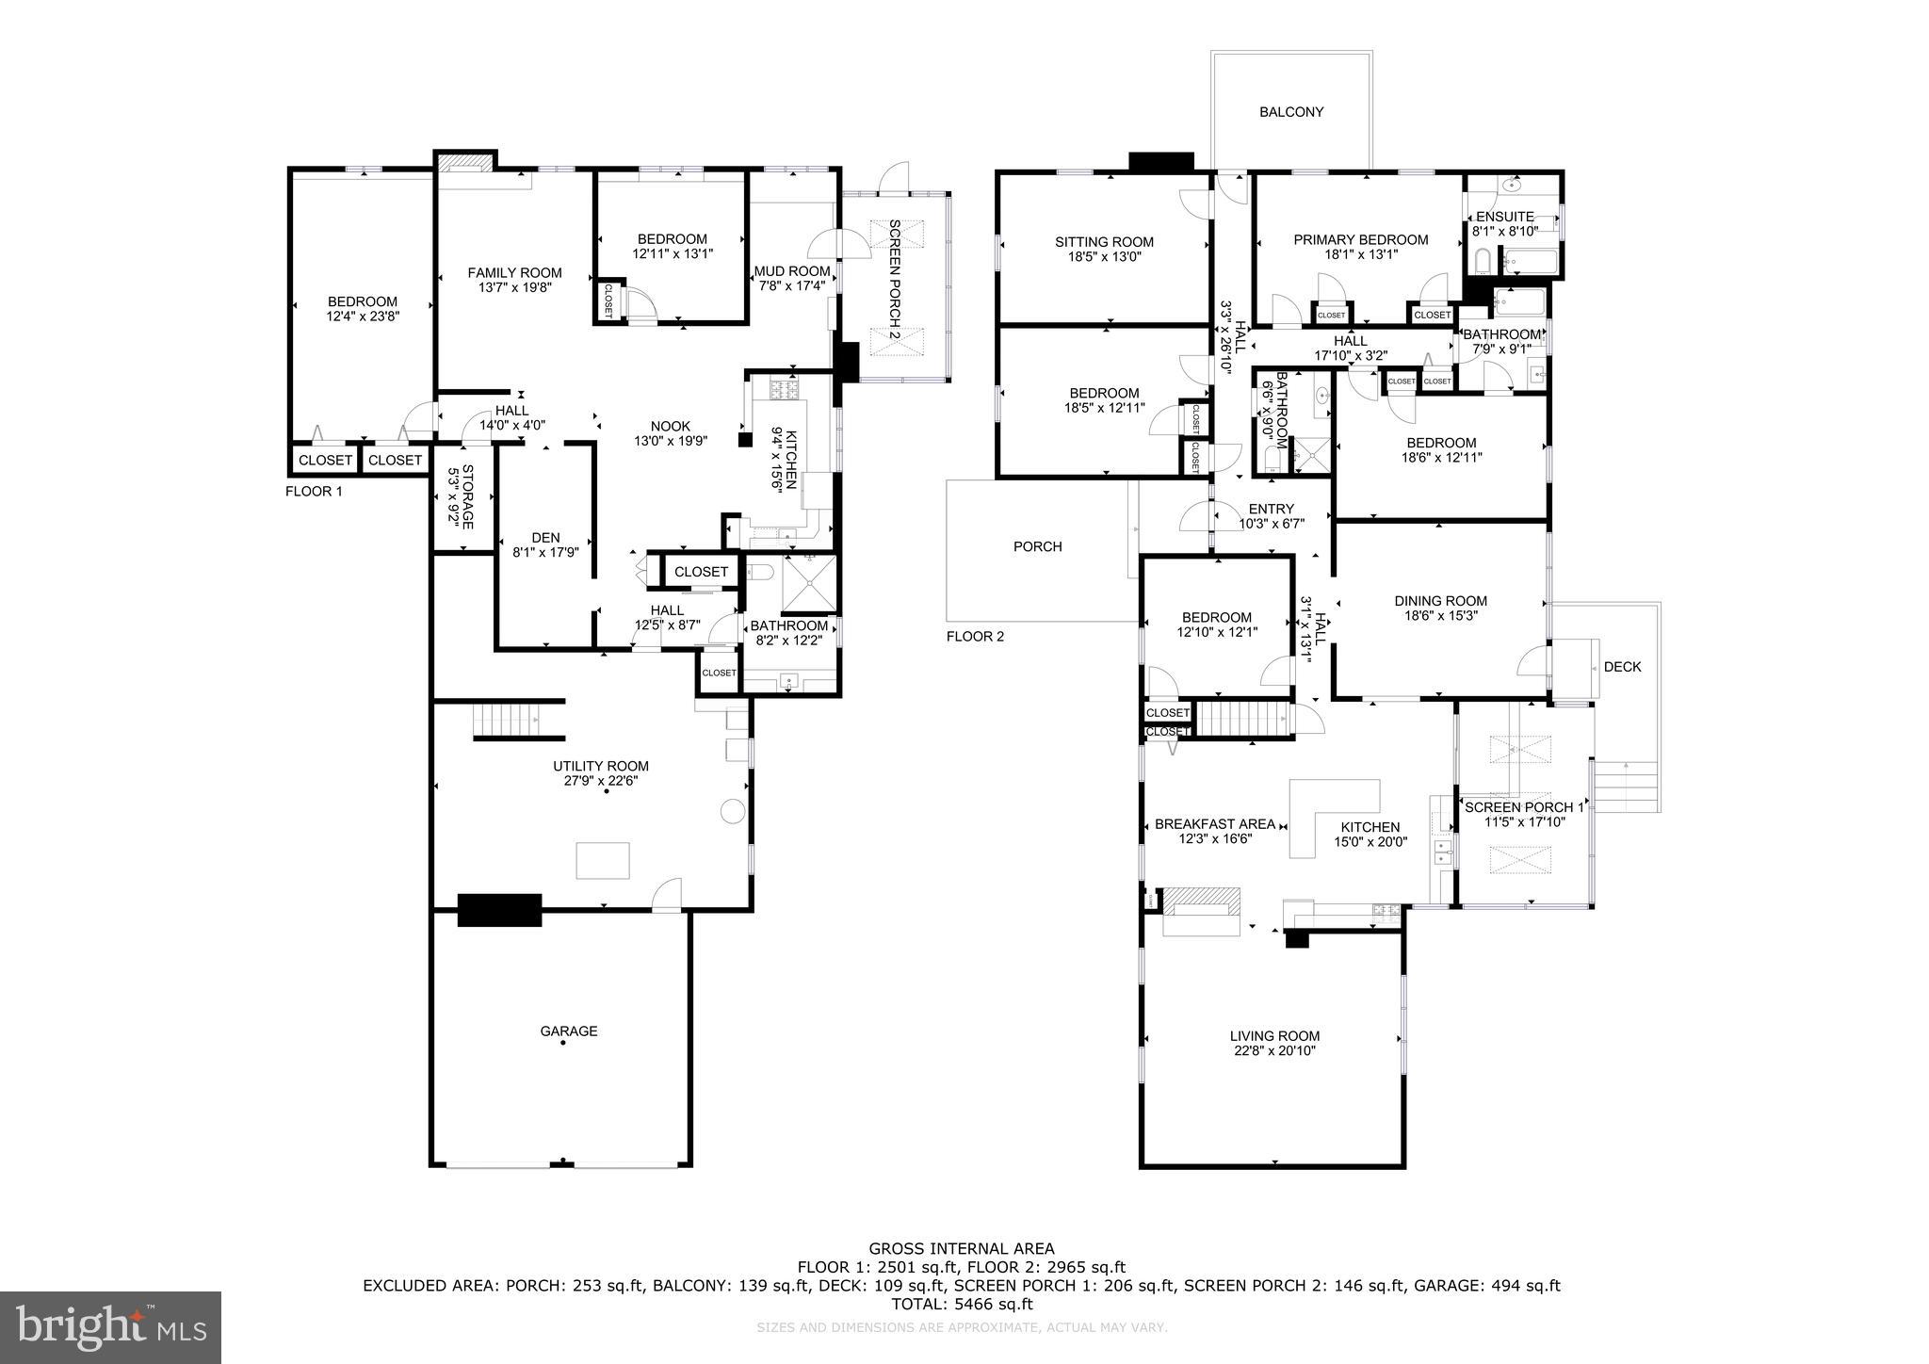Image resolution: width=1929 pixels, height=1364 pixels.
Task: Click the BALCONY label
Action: (x=1291, y=112)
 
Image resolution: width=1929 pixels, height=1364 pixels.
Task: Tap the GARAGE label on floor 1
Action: (x=568, y=1031)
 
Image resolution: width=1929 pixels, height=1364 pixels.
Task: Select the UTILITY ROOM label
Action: (x=601, y=766)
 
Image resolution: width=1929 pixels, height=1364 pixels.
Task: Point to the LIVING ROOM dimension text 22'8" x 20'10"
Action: (x=1274, y=1050)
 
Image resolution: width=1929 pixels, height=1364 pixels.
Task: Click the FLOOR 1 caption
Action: (x=314, y=492)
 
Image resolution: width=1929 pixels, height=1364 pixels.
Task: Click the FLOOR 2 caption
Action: (x=975, y=637)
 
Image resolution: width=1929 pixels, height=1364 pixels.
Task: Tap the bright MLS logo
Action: (x=110, y=1327)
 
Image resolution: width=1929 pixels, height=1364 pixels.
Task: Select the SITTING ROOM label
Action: (x=1104, y=242)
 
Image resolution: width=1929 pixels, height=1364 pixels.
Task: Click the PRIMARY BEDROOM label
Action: (x=1360, y=240)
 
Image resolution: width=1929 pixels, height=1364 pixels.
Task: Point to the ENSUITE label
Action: (x=1504, y=217)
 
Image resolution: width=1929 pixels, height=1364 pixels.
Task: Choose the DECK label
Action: (x=1622, y=667)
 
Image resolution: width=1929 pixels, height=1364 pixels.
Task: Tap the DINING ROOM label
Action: (x=1440, y=601)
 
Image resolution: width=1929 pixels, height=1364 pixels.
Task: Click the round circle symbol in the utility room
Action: (x=733, y=812)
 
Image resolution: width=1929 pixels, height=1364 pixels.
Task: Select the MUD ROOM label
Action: (x=791, y=271)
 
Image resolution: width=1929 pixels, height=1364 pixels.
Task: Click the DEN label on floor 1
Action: (x=545, y=538)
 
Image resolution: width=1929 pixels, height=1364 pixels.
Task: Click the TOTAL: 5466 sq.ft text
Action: (x=961, y=1305)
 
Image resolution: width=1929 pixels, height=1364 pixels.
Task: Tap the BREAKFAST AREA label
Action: (x=1214, y=824)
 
